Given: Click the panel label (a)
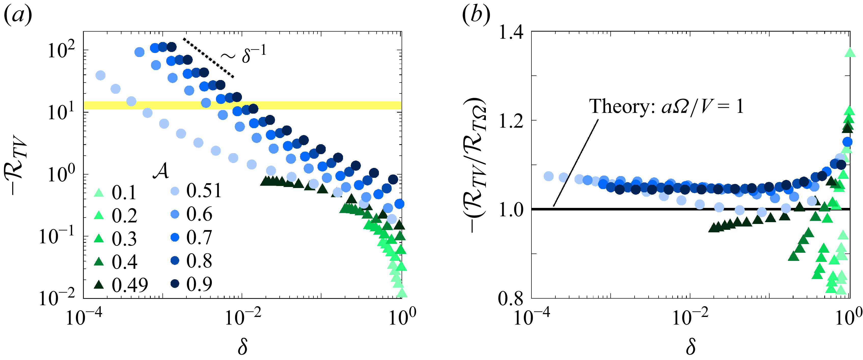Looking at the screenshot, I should (17, 15).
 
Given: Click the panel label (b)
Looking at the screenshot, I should (476, 15).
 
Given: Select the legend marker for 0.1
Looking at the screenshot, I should (99, 192).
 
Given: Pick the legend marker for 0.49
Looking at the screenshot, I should (99, 285).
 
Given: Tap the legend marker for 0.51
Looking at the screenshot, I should (174, 191).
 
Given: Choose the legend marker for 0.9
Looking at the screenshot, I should (174, 284).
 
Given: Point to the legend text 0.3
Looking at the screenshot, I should (124, 239).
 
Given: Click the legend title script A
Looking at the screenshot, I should (161, 171).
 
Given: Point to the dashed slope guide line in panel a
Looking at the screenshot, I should (208, 58).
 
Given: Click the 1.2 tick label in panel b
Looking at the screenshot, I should (511, 121).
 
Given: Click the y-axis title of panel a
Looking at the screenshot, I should (15, 164).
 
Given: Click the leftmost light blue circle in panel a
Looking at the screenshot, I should (100, 75).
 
